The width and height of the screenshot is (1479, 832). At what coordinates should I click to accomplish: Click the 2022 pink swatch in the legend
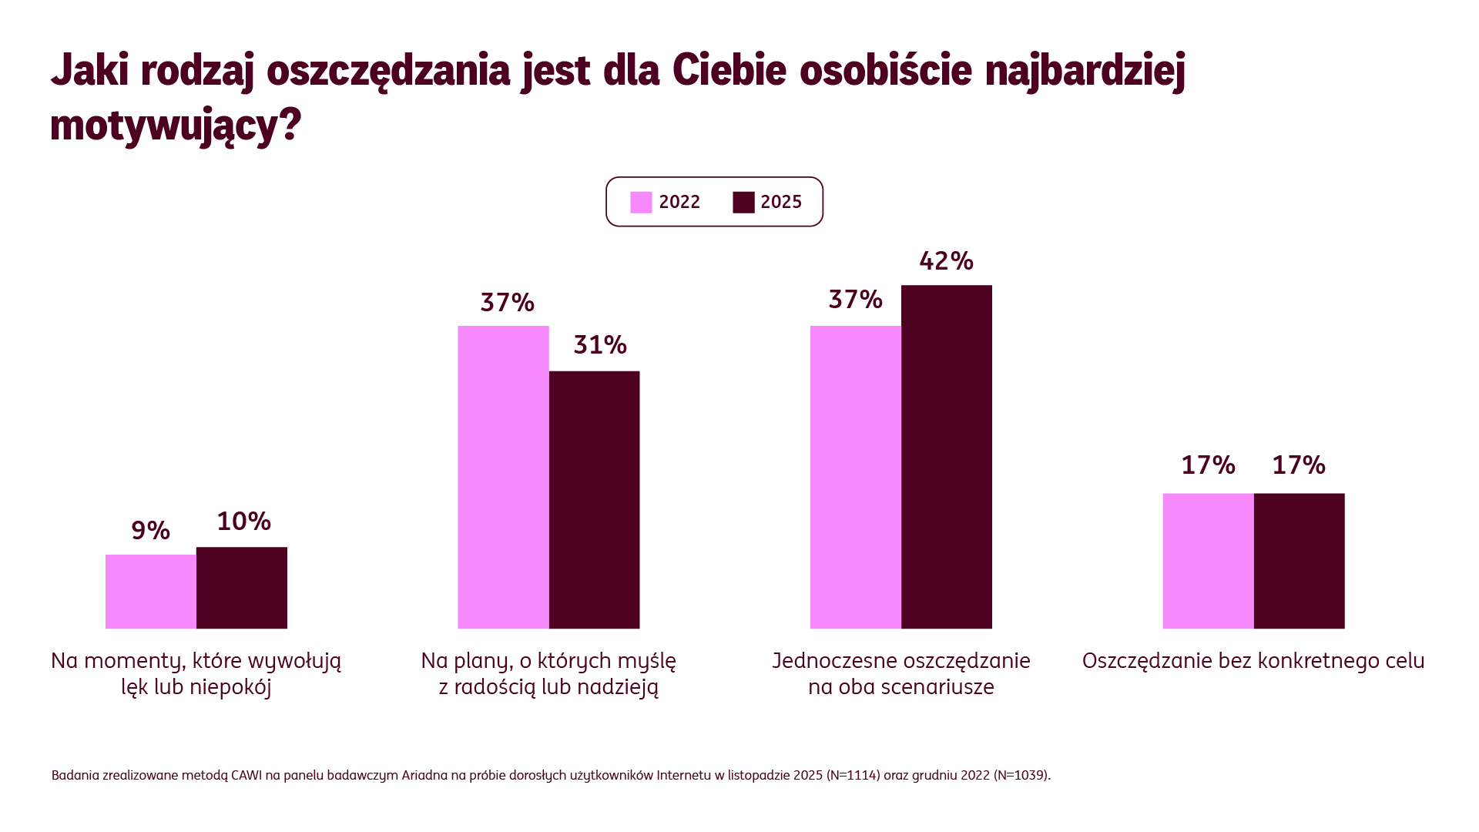point(641,202)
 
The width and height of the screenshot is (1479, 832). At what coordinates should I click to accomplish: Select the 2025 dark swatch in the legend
point(743,202)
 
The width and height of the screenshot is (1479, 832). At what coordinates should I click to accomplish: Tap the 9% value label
point(150,530)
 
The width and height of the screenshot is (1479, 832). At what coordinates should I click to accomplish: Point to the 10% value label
point(243,522)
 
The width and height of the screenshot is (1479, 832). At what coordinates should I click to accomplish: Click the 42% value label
point(946,261)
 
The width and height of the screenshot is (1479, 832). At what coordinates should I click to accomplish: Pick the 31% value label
point(599,344)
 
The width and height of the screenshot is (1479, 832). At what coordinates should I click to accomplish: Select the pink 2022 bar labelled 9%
point(151,592)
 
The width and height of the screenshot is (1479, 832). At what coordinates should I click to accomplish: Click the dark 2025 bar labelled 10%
point(242,588)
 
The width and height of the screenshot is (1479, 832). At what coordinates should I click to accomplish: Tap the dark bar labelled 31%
point(594,500)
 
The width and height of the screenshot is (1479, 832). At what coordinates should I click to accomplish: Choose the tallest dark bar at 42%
point(947,457)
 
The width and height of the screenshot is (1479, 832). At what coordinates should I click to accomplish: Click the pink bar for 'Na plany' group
point(503,477)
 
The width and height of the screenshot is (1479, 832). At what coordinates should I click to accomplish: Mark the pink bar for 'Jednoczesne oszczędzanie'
point(856,477)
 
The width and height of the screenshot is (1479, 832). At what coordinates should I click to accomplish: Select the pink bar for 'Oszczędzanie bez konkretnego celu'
point(1209,561)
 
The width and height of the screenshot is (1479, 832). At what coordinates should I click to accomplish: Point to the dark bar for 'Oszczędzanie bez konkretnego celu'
point(1300,561)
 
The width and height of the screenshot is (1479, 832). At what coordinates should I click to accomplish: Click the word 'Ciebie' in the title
point(729,70)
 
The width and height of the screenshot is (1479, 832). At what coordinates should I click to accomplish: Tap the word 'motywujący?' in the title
point(176,125)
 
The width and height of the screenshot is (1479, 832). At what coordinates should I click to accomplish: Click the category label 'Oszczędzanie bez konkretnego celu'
point(1253,661)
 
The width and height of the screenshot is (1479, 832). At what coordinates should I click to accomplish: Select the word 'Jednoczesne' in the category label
point(834,661)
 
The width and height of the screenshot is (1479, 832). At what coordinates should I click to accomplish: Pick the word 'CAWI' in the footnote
point(246,775)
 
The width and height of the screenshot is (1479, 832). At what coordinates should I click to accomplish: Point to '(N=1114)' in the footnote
point(853,775)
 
